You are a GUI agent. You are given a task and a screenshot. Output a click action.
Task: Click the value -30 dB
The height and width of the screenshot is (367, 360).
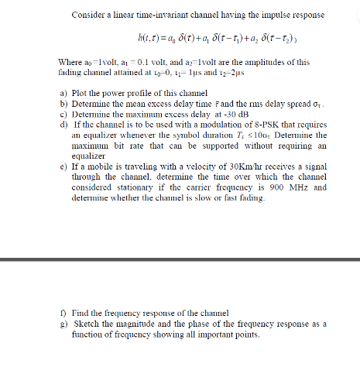(201, 115)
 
